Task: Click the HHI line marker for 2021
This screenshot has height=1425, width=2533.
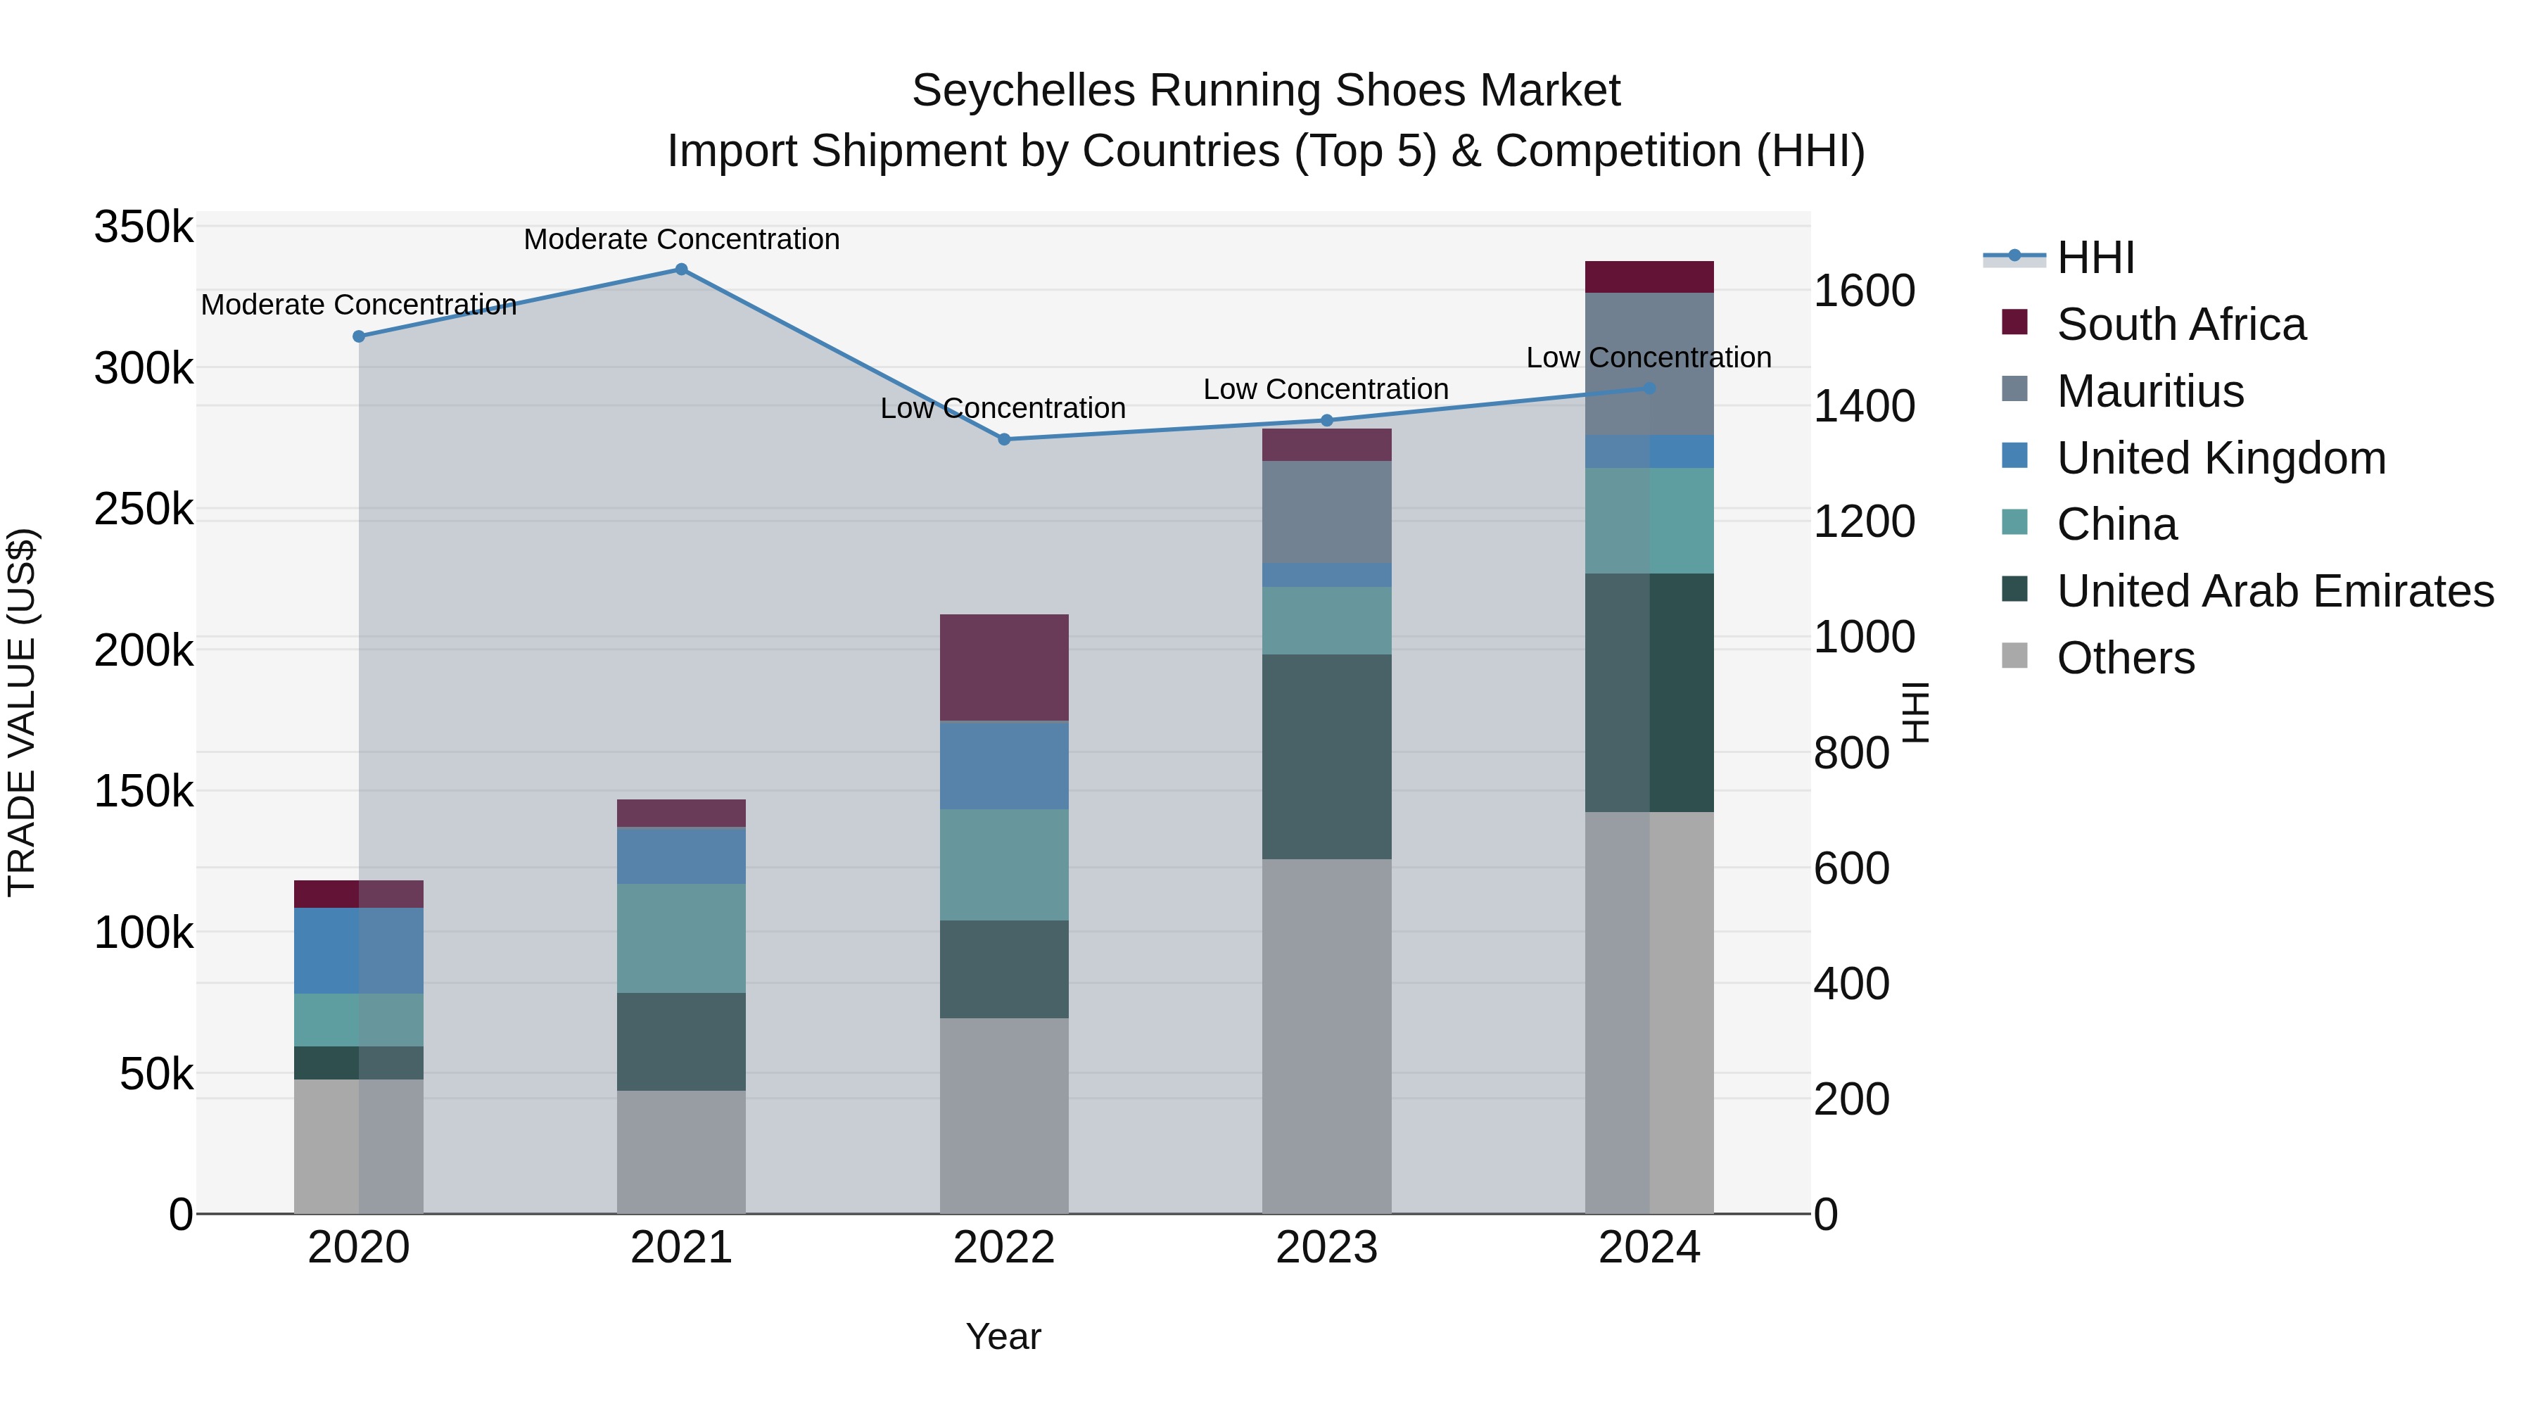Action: (680, 270)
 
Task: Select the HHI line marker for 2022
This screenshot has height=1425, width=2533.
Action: (1004, 440)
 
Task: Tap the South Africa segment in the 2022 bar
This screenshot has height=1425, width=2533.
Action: (1004, 668)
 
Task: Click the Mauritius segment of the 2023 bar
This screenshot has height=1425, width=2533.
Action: (1326, 512)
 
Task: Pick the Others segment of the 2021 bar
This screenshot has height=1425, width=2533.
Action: (680, 1151)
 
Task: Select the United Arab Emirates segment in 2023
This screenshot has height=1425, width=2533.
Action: (1326, 756)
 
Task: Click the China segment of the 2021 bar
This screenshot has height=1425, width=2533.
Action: (680, 938)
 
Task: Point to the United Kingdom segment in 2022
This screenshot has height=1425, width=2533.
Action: (1004, 765)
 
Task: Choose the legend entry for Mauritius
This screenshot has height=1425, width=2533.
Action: (2150, 391)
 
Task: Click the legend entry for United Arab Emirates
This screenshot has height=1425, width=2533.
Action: (2274, 591)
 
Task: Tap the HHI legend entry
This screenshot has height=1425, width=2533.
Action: (2095, 258)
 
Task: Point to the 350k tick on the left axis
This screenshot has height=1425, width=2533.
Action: (144, 227)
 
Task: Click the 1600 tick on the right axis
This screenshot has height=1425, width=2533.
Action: (1863, 291)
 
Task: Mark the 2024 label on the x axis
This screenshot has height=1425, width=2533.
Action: (1649, 1248)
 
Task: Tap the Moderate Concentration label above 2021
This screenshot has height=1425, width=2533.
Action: (680, 239)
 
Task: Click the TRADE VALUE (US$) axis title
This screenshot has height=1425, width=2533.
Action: (22, 712)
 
